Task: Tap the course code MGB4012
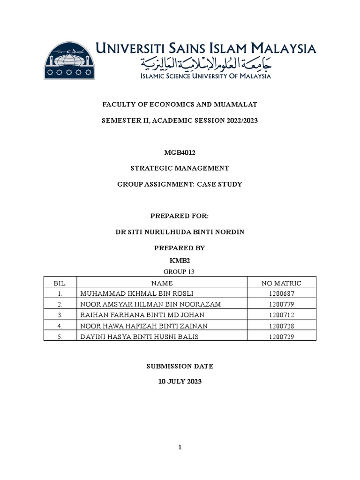tap(180, 152)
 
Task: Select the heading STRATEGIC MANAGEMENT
tap(180, 168)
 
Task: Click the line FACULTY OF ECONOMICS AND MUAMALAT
tap(180, 105)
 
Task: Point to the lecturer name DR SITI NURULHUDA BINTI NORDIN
tap(180, 232)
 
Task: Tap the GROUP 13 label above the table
tap(180, 271)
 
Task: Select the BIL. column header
tap(60, 283)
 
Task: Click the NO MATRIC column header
tap(281, 283)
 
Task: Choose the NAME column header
tap(162, 283)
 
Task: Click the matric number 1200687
tap(281, 293)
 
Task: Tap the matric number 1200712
tap(281, 315)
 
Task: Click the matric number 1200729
tap(281, 336)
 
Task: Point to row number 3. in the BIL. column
tap(60, 315)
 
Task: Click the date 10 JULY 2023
tap(180, 382)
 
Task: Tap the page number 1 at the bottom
tap(180, 448)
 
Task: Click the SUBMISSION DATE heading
tap(180, 366)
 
